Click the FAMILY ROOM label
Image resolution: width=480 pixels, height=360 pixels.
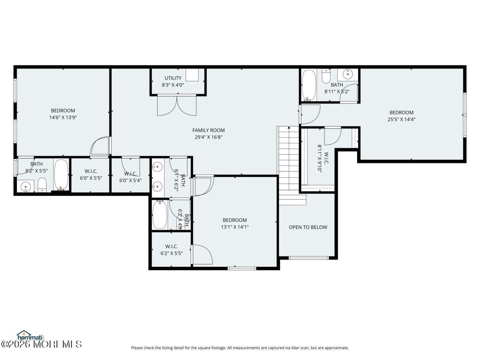coord(208,130)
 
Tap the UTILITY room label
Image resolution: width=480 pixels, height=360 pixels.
coord(173,78)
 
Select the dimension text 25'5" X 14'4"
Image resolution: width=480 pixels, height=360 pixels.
coord(401,120)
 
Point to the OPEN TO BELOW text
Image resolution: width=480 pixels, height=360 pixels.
coord(308,227)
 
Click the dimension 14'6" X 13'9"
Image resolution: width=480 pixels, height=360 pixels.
coord(63,117)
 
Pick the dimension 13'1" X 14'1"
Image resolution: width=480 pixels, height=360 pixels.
coord(235,227)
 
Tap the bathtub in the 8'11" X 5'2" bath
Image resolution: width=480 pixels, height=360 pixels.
coord(309,85)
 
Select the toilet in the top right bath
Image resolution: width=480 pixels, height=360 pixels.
coord(326,76)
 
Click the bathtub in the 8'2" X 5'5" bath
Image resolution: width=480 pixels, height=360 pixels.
coord(61,175)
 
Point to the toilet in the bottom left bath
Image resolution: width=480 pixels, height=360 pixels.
coord(42,185)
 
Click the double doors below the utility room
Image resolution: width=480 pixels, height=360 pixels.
coord(177,105)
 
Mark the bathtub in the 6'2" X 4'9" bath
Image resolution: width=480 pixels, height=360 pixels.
coord(160,215)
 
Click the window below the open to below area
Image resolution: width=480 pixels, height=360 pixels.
coord(308,258)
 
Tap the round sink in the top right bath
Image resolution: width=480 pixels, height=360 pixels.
coord(348,74)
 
